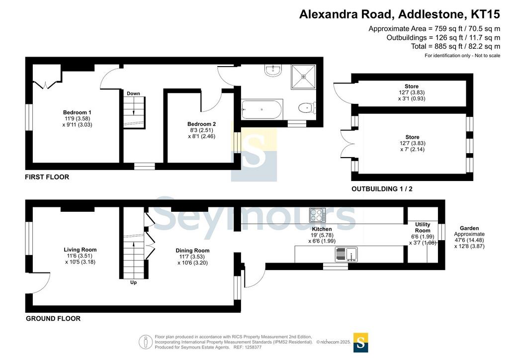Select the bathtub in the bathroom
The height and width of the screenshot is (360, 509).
click(262, 110)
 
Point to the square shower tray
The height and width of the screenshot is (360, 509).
click(304, 77)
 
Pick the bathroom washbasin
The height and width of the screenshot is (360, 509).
click(273, 71)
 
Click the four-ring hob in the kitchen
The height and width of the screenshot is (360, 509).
click(317, 215)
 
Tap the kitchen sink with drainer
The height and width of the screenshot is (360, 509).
click(346, 254)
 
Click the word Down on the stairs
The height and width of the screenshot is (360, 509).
click(133, 93)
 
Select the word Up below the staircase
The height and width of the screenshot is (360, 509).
click(133, 282)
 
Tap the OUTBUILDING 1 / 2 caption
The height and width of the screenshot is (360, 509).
click(382, 189)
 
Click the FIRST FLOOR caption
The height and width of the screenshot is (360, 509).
click(47, 177)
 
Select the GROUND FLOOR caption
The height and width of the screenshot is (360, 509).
click(53, 318)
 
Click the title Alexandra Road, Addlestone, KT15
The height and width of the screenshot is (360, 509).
click(400, 14)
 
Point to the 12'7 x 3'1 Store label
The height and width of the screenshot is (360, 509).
click(412, 92)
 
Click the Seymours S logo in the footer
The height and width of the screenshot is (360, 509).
click(360, 343)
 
